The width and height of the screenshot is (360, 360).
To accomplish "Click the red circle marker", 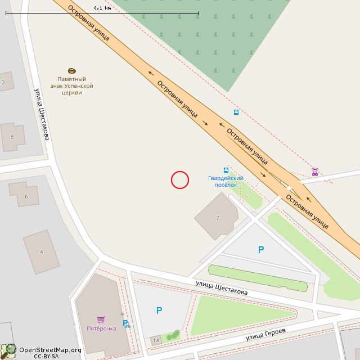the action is pyautogui.click(x=180, y=180).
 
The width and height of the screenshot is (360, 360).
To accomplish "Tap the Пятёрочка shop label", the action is pyautogui.click(x=101, y=328).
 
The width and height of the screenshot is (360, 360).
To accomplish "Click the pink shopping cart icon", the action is pyautogui.click(x=101, y=319).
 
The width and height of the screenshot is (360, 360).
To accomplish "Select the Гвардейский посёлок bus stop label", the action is pyautogui.click(x=226, y=181).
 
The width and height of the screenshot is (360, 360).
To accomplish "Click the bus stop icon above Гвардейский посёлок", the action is pyautogui.click(x=226, y=170).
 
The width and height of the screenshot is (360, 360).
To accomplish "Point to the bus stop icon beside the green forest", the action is pyautogui.click(x=236, y=112).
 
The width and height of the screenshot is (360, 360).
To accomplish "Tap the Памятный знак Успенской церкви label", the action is pyautogui.click(x=72, y=86).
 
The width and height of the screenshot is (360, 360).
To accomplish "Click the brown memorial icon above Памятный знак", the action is pyautogui.click(x=72, y=71).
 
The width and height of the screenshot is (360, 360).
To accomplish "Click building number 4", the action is pyautogui.click(x=41, y=252).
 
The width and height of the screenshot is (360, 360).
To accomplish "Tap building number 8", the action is pyautogui.click(x=12, y=137).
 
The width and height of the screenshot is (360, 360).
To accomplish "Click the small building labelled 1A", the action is pyautogui.click(x=156, y=340).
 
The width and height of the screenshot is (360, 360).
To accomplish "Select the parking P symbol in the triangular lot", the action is pyautogui.click(x=260, y=250).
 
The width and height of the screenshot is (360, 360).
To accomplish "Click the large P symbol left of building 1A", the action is pyautogui.click(x=159, y=310).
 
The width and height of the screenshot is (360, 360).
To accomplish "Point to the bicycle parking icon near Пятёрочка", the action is pyautogui.click(x=127, y=323).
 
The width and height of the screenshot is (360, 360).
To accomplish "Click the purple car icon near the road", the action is pyautogui.click(x=315, y=172).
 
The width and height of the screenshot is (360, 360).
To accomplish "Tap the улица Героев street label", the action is pyautogui.click(x=265, y=335).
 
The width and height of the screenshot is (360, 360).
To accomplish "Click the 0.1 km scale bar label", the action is pyautogui.click(x=102, y=8).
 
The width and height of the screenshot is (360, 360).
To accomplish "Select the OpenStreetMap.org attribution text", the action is pyautogui.click(x=50, y=350).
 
